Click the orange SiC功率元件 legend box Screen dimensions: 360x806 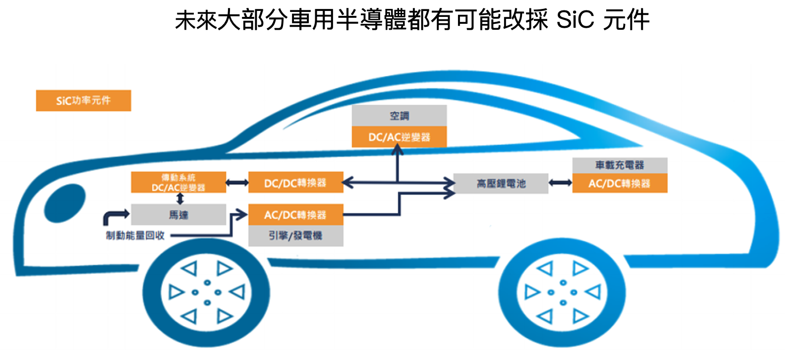tap(83, 101)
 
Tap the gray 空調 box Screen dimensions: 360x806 tap(399, 116)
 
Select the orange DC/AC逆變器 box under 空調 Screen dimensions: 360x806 tap(399, 137)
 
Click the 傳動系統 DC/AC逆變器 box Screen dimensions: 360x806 tap(178, 182)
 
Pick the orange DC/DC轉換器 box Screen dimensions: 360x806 tap(295, 182)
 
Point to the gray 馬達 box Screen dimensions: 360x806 tap(178, 215)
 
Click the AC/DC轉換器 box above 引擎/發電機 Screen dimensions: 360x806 tap(295, 215)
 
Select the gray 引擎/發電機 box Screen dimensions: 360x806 tap(295, 236)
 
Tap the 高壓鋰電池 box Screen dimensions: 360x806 tap(501, 183)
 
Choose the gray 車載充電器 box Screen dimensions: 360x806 tap(620, 165)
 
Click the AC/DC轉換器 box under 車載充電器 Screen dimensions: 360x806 tap(620, 183)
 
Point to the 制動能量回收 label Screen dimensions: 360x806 tap(135, 236)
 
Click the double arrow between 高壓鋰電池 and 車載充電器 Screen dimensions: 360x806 tap(560, 183)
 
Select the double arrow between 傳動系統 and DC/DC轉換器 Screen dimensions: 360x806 tap(237, 183)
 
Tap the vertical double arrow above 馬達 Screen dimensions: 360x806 tap(180, 199)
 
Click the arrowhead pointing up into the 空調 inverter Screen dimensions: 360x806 tap(398, 149)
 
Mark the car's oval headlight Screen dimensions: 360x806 tap(65, 202)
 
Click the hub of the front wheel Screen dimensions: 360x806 tap(207, 292)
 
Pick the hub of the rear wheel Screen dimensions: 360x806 tap(562, 292)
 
